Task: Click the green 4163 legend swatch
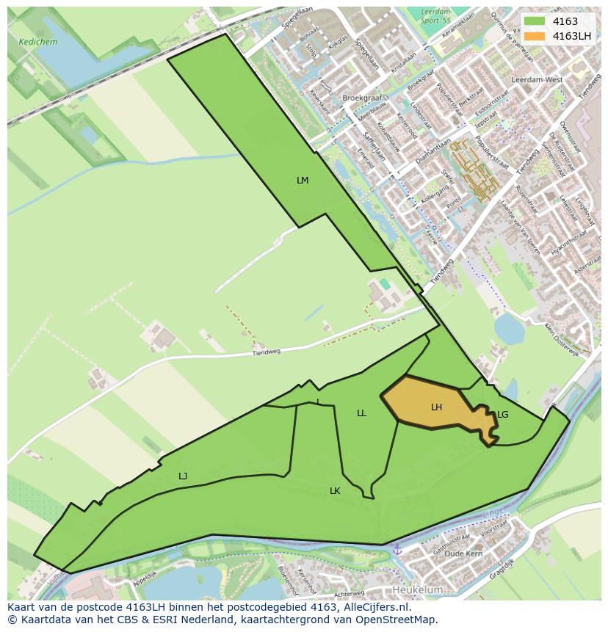(x=535, y=21)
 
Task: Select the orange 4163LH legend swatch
(x=535, y=36)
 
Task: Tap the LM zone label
(x=303, y=181)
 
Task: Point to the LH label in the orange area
(x=436, y=407)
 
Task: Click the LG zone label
(x=503, y=415)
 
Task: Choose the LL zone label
(x=361, y=413)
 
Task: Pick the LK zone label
(x=335, y=490)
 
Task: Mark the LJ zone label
(x=183, y=476)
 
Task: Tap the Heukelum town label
(x=418, y=589)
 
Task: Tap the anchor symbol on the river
(x=397, y=549)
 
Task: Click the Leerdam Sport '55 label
(x=435, y=15)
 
